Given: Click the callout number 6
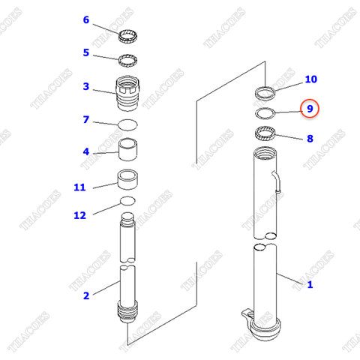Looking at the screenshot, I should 85,19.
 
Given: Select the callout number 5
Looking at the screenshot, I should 85,52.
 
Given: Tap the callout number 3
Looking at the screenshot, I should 85,86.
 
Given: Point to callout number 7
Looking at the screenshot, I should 85,119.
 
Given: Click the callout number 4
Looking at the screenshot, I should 85,151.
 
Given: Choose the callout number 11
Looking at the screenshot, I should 79,187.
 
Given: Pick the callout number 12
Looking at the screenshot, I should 79,215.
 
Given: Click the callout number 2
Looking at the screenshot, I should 85,295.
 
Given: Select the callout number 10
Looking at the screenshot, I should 310,79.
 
